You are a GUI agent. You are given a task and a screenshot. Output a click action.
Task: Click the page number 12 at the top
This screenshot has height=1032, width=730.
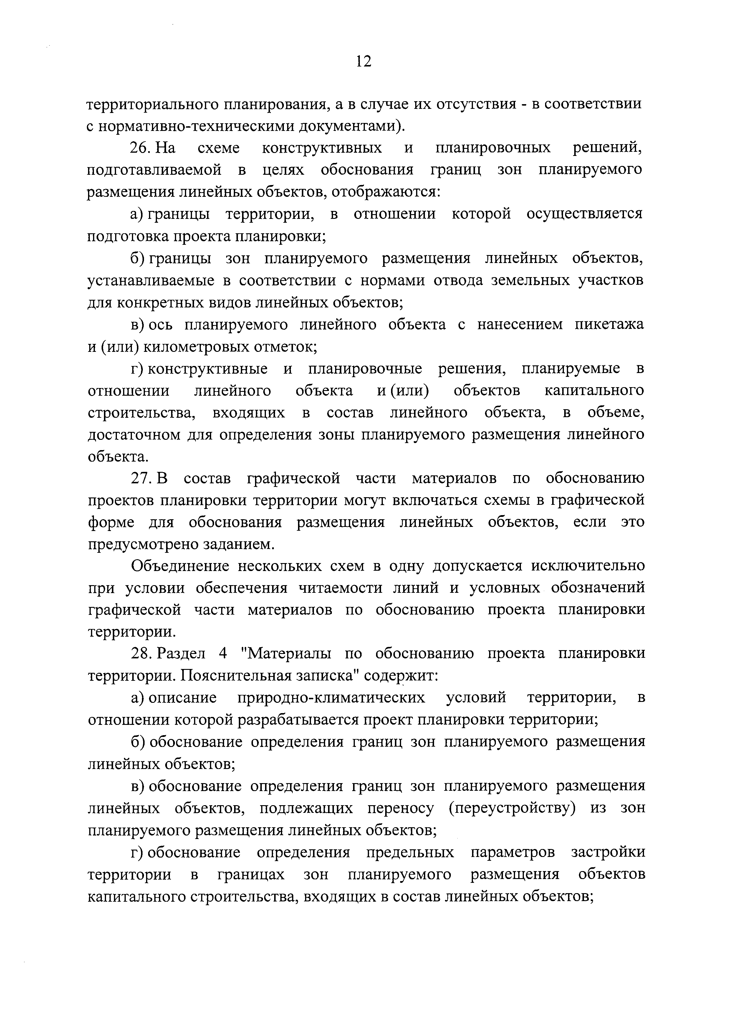(x=363, y=61)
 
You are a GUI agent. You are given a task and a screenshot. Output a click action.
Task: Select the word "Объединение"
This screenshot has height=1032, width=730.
(x=180, y=566)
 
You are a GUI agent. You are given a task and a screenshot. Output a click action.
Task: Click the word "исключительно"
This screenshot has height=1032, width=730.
(x=588, y=566)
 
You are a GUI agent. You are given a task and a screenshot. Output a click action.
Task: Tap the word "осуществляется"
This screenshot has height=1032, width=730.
(x=585, y=214)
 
